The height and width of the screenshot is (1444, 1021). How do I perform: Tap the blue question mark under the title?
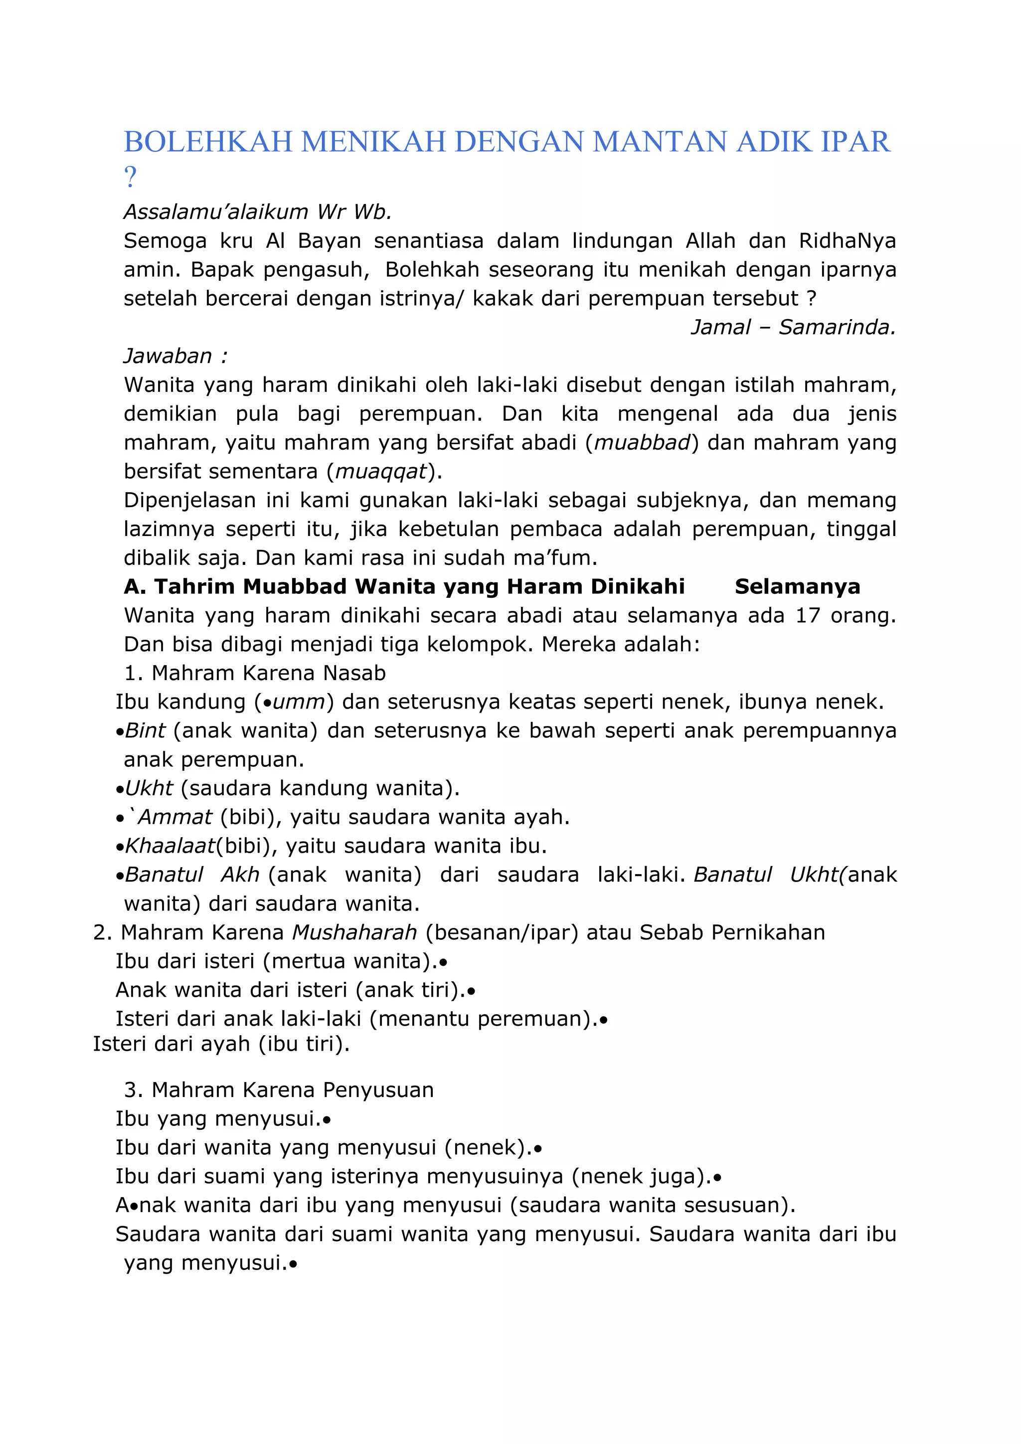click(x=130, y=178)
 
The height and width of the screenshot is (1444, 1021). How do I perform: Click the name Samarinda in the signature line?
click(x=837, y=327)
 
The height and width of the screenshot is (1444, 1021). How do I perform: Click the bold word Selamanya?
click(x=797, y=586)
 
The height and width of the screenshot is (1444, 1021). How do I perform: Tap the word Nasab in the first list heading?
click(x=354, y=673)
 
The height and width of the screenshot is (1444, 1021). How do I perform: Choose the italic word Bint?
click(x=145, y=731)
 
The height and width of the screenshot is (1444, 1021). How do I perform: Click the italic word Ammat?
click(x=175, y=817)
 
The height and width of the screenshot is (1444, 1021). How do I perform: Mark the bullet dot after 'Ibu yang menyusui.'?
click(x=327, y=1120)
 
